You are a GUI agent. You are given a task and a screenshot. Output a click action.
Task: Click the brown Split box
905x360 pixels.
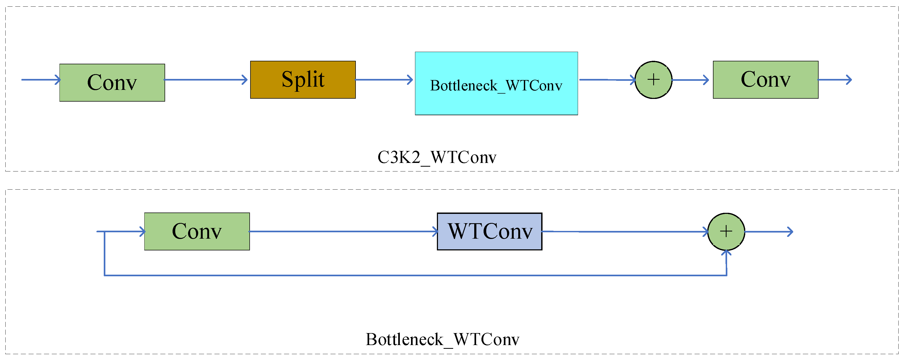[x=303, y=80]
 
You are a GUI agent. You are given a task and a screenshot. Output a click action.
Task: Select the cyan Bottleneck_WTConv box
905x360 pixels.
[x=496, y=83]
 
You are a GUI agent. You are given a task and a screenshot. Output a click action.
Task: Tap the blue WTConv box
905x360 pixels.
[x=490, y=231]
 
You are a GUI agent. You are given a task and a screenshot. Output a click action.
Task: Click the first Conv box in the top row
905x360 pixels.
[x=112, y=83]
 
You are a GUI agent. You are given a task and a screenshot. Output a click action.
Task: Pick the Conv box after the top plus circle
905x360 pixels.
[x=766, y=80]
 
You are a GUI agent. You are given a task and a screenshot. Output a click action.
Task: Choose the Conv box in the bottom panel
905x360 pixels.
[x=197, y=231]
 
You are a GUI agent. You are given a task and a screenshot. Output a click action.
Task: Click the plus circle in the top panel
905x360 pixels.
[x=653, y=80]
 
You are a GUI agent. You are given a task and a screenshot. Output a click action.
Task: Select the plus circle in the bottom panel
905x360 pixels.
[x=726, y=231]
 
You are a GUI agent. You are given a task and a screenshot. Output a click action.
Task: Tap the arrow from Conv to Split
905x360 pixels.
[x=206, y=80]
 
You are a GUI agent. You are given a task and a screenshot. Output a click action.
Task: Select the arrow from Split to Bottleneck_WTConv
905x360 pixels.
[x=384, y=80]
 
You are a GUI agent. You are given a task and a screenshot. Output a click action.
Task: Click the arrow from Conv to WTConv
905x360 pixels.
[x=344, y=231]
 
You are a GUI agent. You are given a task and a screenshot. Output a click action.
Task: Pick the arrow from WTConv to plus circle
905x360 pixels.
[x=625, y=232]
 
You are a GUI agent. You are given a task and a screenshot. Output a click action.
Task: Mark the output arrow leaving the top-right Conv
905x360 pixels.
[x=835, y=80]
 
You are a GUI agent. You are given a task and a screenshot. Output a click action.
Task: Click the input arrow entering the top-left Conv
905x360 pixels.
[x=41, y=80]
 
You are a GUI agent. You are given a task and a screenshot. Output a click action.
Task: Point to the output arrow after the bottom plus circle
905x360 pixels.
[x=769, y=232]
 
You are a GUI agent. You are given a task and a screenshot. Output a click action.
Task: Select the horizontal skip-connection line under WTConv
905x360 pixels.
[x=416, y=275]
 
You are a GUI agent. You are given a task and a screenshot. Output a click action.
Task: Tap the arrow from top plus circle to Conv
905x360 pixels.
[x=690, y=80]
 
